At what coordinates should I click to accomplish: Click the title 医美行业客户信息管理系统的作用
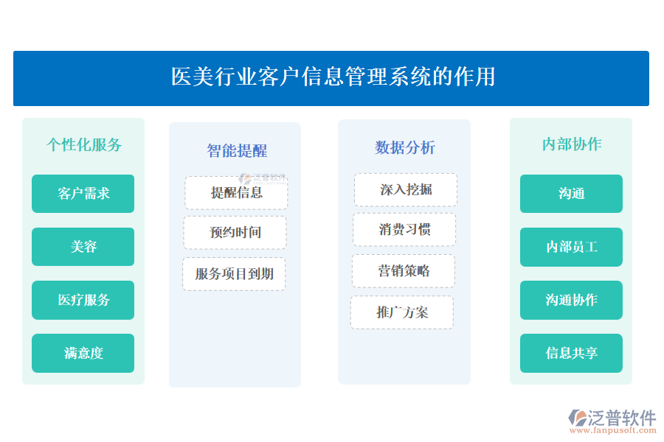pos(332,77)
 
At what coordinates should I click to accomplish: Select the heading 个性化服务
pos(83,144)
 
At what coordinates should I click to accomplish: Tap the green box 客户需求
pos(83,194)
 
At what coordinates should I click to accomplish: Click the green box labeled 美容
pos(83,247)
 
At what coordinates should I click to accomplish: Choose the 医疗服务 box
pos(83,300)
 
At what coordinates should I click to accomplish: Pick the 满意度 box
pos(83,353)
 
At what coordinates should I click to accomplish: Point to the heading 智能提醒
pos(236,151)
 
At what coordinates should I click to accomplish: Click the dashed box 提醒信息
pos(236,193)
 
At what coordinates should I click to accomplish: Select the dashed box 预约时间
pos(235,233)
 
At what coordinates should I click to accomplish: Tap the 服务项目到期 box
pos(234,274)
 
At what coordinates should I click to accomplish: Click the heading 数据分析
pos(404,147)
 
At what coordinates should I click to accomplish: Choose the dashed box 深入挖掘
pos(406,190)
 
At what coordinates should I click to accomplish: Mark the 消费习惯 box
pos(404,230)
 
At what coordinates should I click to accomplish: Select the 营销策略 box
pos(404,271)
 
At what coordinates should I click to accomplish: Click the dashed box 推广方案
pos(402,312)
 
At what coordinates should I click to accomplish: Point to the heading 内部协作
pos(571,144)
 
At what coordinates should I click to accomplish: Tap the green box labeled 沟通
pos(571,194)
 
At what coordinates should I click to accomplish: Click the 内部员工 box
pos(571,247)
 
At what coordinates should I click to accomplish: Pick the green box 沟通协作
pos(571,300)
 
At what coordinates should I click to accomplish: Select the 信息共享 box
pos(571,353)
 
